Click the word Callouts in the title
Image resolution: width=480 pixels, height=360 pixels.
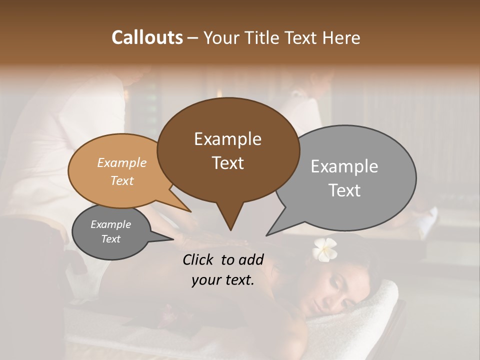pos(147,37)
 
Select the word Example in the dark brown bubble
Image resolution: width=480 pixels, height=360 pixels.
pos(227,139)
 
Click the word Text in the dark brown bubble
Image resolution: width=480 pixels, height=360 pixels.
pos(227,163)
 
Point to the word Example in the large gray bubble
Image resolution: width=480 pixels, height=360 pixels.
pos(344,166)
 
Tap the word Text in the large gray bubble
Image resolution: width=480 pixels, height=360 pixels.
pos(344,190)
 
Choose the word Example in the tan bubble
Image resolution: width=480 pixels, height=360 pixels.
pos(122,162)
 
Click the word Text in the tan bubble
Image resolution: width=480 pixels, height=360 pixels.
pos(122,180)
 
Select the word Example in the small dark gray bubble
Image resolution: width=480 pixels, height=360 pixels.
pos(111,224)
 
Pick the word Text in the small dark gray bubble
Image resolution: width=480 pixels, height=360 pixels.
pos(111,239)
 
